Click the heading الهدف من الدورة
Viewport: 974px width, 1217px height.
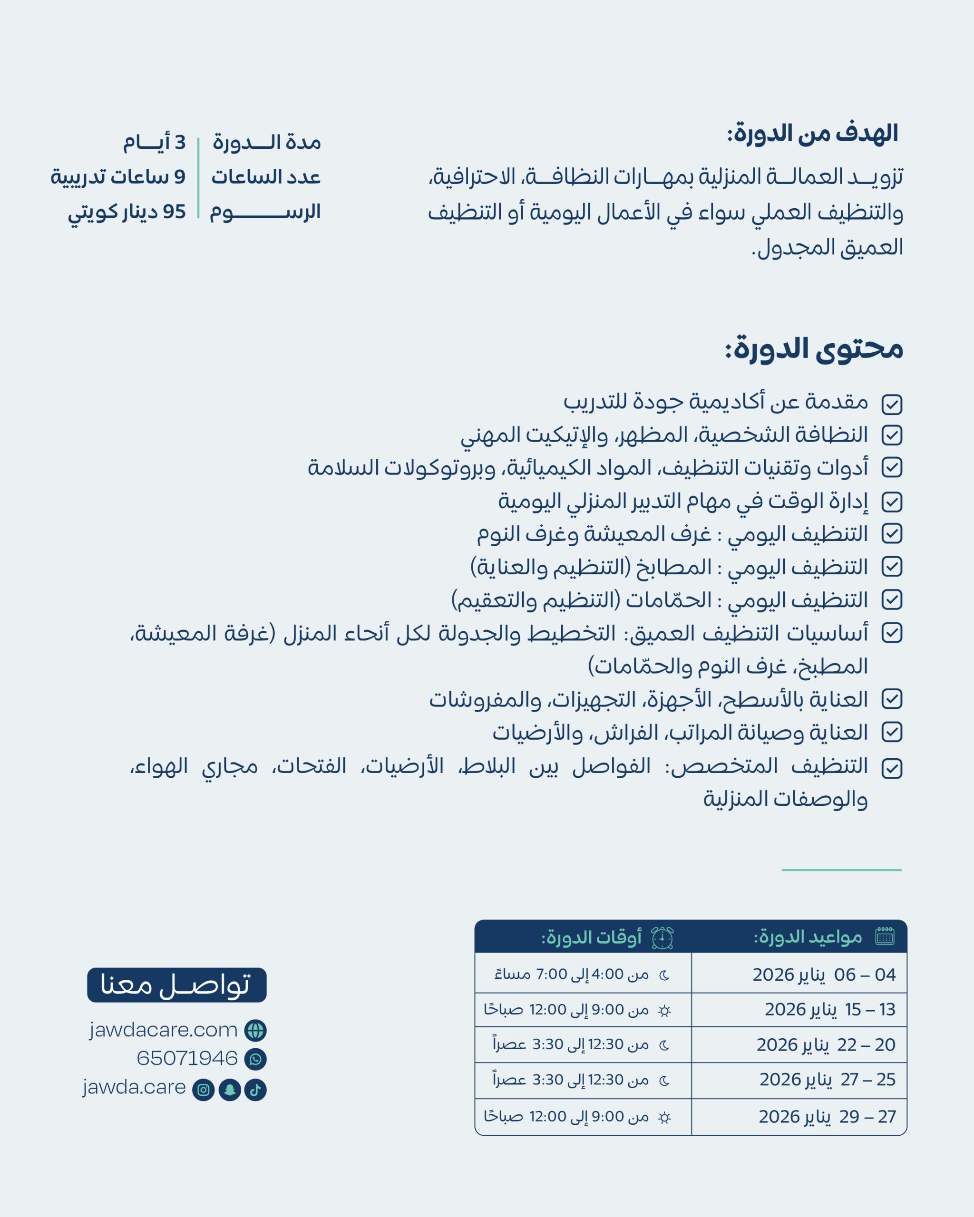coord(812,134)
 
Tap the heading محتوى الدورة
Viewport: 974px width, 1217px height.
coord(814,348)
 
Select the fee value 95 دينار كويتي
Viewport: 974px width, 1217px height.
coord(127,212)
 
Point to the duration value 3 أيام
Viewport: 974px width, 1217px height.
coord(154,142)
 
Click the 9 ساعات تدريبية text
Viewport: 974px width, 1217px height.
coord(118,177)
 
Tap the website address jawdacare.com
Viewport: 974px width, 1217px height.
coord(163,1030)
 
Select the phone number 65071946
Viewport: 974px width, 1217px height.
coord(187,1058)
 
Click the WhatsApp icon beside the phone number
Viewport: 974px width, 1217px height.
coord(255,1059)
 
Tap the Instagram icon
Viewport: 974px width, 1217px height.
coord(203,1090)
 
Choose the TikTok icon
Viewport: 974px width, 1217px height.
coord(255,1090)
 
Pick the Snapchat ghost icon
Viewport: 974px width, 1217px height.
coord(229,1090)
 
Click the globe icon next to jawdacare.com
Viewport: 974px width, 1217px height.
coord(255,1030)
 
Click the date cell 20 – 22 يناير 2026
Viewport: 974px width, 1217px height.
coord(826,1045)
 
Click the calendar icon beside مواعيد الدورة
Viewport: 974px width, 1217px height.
coord(885,937)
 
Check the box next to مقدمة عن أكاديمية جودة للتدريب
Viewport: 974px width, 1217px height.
coord(892,404)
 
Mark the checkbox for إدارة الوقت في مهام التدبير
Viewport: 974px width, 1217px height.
coord(892,502)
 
